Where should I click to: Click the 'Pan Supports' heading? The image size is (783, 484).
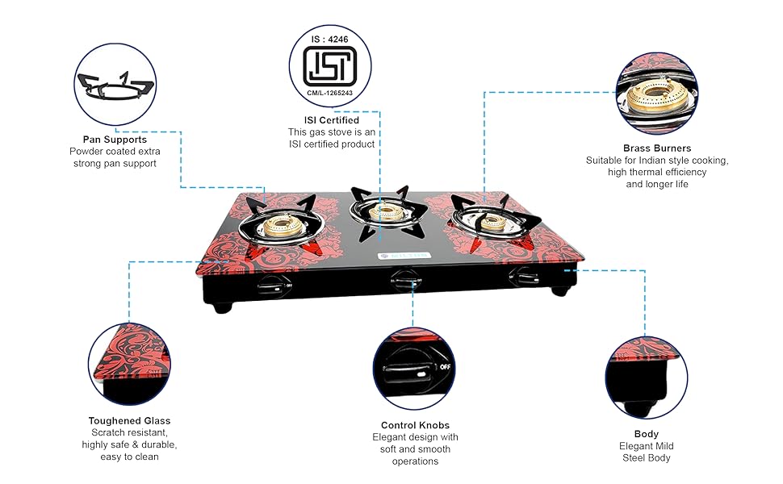click(115, 139)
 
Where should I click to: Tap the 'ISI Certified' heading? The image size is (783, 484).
click(331, 120)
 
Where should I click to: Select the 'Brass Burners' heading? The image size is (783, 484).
click(656, 148)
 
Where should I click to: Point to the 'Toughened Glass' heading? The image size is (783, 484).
click(129, 420)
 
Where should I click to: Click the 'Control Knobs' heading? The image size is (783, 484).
click(415, 425)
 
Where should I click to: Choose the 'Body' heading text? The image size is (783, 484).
click(646, 434)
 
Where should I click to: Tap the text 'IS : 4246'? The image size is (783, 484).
click(331, 37)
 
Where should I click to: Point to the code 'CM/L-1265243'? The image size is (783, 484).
click(331, 94)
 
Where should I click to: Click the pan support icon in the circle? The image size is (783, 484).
click(114, 85)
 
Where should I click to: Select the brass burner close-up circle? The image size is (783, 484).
click(656, 92)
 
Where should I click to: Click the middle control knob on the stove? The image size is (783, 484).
click(403, 280)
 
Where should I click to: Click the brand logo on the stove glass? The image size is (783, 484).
click(400, 257)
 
